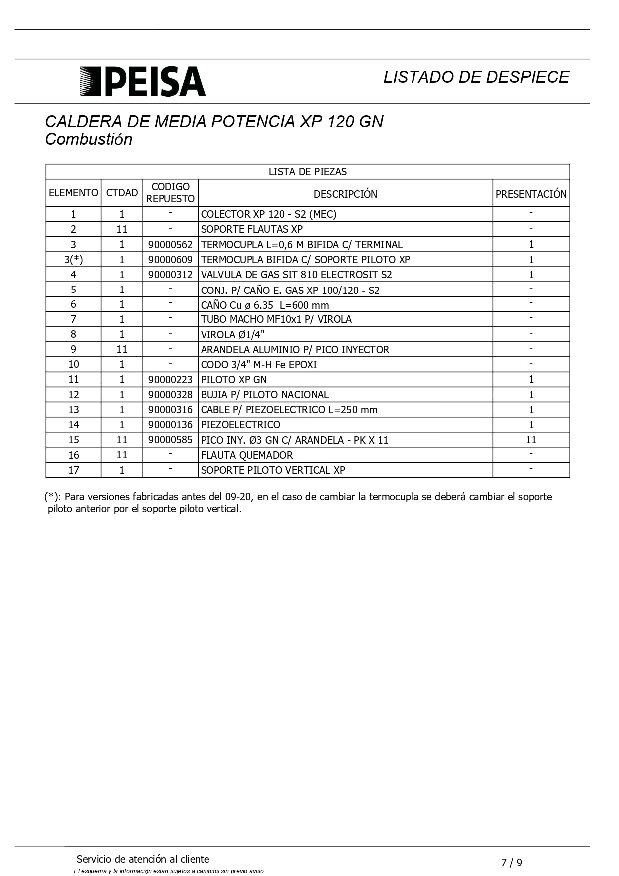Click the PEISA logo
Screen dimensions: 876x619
(x=143, y=81)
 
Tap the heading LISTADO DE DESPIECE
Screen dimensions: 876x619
(x=476, y=77)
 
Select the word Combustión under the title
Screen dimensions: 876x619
(x=89, y=139)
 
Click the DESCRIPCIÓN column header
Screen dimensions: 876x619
(x=345, y=194)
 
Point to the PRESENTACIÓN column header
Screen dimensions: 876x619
(x=531, y=194)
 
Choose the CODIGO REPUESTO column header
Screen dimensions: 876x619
(x=170, y=193)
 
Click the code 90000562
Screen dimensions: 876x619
(x=170, y=245)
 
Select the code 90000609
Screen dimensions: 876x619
(x=170, y=260)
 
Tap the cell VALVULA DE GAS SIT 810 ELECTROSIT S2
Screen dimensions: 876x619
(x=296, y=275)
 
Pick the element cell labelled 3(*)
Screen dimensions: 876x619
(x=73, y=260)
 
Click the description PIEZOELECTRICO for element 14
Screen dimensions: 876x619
(x=240, y=425)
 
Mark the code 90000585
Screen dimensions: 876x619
(x=170, y=440)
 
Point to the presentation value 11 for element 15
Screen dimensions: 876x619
(x=531, y=440)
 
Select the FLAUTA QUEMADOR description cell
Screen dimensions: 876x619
(x=247, y=455)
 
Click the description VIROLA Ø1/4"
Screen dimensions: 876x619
(x=232, y=334)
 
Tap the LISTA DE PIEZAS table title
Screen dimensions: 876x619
(x=307, y=172)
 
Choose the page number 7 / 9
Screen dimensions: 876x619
(x=512, y=863)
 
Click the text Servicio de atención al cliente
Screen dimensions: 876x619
(x=143, y=859)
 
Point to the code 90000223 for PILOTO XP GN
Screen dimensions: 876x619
(x=170, y=380)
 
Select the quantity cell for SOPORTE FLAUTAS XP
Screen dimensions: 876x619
(x=122, y=229)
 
